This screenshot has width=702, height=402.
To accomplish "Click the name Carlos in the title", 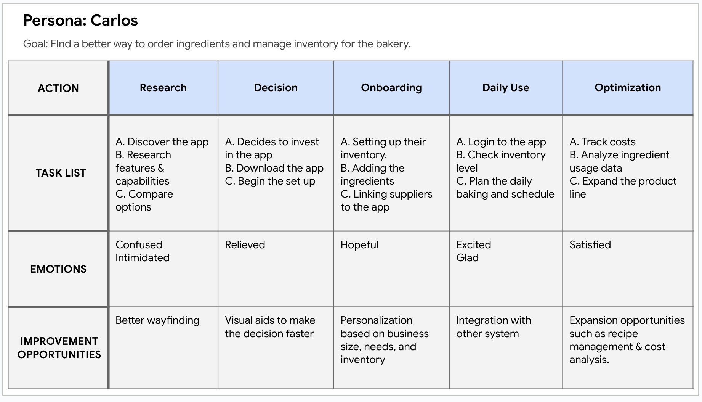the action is click(114, 20).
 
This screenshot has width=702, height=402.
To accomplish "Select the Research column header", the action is click(163, 88).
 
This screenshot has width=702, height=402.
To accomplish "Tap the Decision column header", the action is click(276, 88).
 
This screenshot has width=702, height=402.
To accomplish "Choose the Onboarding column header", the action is click(391, 88).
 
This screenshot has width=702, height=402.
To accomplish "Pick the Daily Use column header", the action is click(506, 88).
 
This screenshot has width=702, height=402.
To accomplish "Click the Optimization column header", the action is click(628, 88).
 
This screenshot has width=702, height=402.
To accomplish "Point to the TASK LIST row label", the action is click(61, 173).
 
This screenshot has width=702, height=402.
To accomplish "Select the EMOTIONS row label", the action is click(58, 269).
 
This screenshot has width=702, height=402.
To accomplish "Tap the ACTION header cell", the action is click(58, 88).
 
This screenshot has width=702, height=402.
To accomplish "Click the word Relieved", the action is click(245, 244).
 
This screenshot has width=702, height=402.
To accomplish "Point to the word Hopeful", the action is click(359, 245).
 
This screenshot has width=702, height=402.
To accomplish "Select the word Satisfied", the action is click(590, 244).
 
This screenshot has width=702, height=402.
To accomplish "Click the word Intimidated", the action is click(142, 258).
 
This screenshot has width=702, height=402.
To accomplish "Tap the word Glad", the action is click(467, 258).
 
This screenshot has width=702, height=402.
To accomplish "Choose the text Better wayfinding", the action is click(157, 321).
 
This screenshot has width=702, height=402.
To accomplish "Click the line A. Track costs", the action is click(603, 142).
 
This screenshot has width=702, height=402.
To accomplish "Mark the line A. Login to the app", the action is click(501, 142).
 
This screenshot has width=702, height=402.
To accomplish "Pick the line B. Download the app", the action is click(274, 168).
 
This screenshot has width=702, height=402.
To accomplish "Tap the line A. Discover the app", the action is click(162, 142).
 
